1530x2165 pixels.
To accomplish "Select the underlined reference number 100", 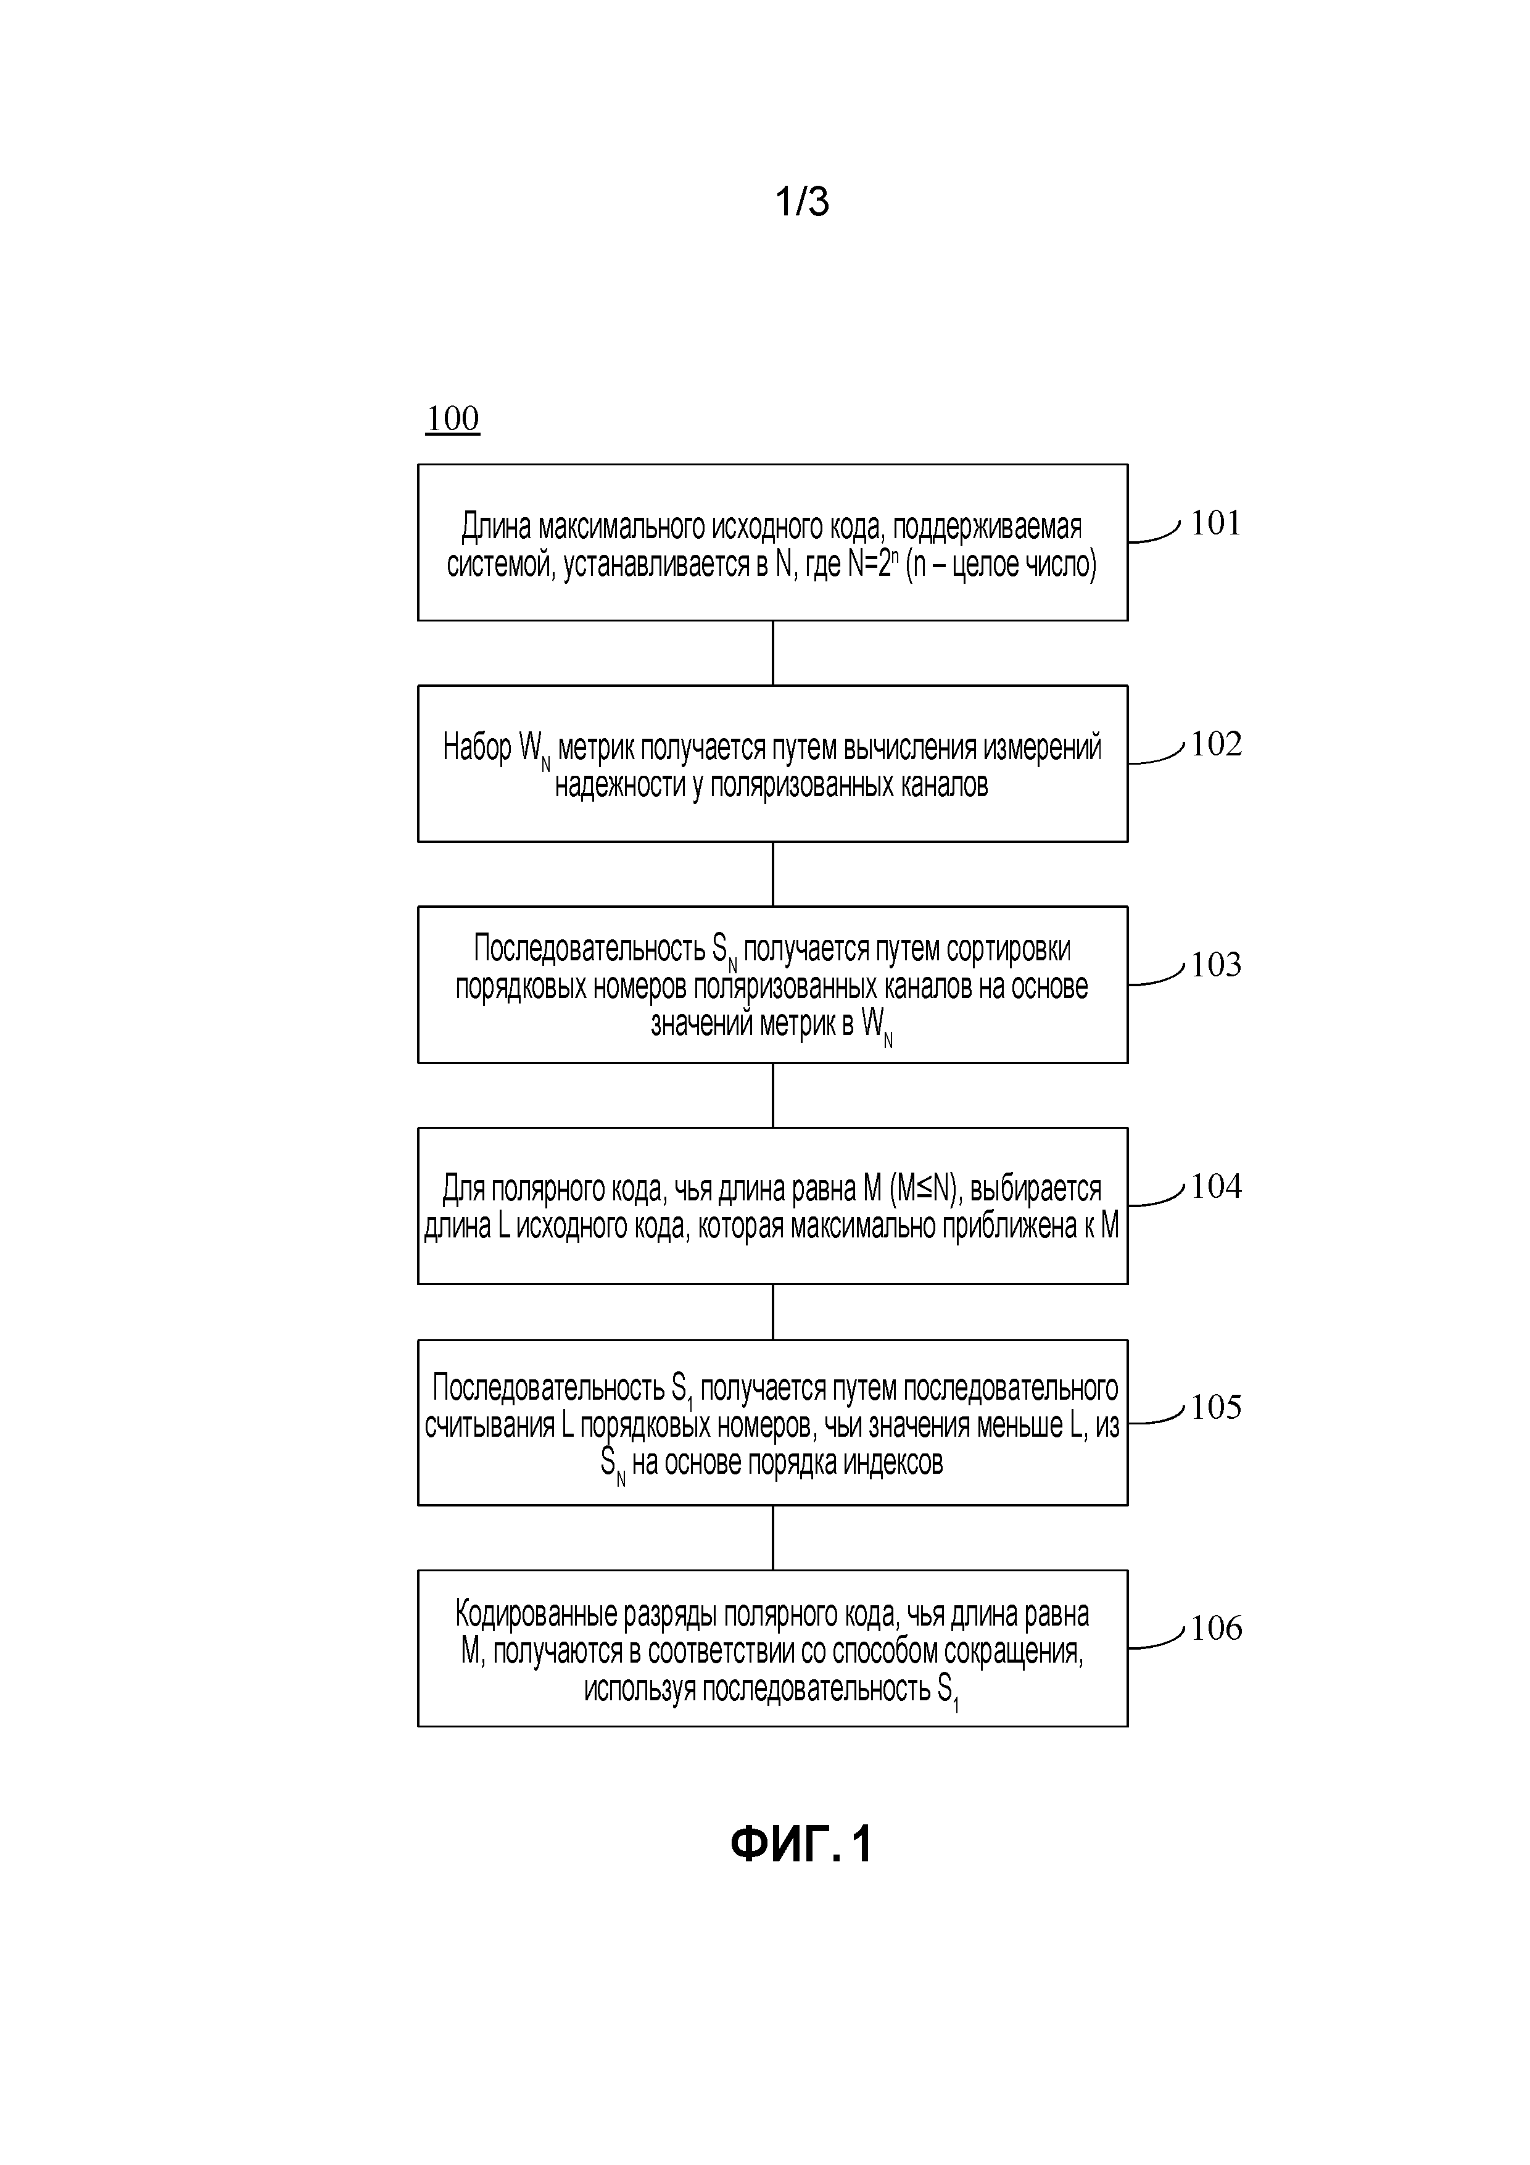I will tap(452, 418).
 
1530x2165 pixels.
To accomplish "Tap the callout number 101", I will tap(1216, 523).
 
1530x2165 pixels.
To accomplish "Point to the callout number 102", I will tap(1216, 744).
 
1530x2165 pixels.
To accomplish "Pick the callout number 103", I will tap(1216, 965).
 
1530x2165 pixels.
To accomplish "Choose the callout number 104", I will tap(1216, 1186).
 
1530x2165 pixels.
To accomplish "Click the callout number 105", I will tap(1216, 1407).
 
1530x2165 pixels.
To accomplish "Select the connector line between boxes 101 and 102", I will tap(773, 652).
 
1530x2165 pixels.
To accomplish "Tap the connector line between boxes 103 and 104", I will tap(773, 1095).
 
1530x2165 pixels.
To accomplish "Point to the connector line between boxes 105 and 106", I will tap(773, 1537).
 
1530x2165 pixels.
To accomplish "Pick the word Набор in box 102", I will tap(477, 748).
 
